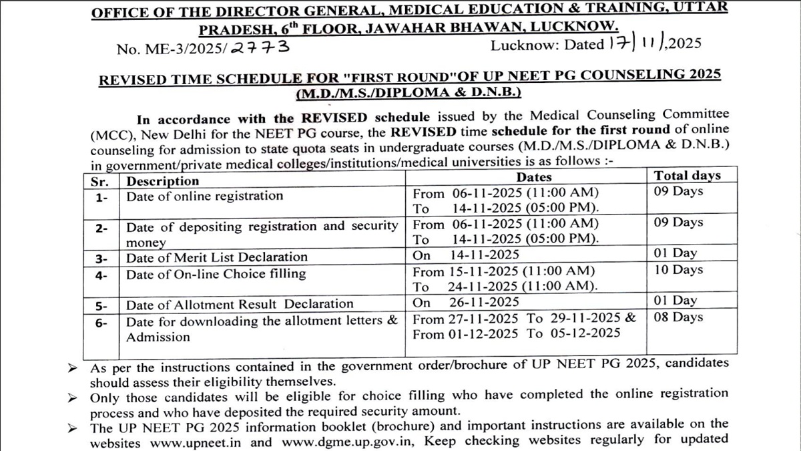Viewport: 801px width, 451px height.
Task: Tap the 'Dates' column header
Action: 534,177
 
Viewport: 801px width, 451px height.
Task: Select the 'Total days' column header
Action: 687,176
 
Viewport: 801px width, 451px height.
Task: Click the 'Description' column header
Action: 163,181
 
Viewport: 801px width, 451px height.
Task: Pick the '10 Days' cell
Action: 678,270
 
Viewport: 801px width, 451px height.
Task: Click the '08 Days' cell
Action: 678,317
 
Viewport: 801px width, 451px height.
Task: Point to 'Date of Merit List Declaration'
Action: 217,257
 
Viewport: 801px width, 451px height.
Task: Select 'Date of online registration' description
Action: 204,196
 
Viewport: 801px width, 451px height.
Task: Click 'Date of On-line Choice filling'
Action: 216,274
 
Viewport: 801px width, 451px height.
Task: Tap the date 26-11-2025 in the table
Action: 483,303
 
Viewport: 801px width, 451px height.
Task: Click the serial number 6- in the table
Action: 101,322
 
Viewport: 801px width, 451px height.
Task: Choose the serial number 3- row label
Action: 101,258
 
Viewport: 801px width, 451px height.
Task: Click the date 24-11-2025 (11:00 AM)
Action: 522,287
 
